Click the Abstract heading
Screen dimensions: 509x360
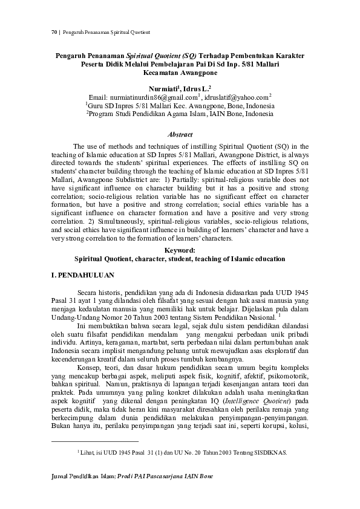point(180,134)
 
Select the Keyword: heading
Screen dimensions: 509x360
point(180,250)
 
